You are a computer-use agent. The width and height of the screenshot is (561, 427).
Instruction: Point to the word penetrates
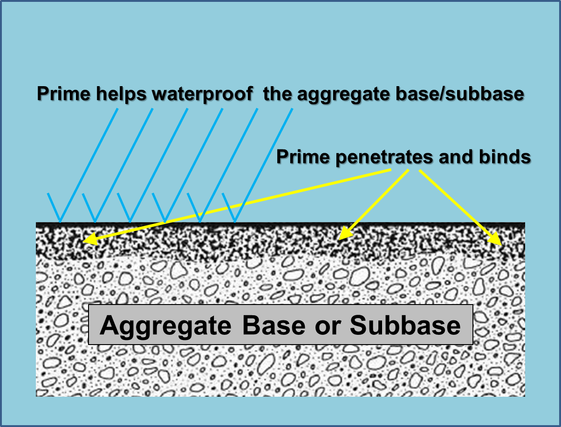click(379, 157)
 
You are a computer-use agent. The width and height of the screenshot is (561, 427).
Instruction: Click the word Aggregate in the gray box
click(165, 325)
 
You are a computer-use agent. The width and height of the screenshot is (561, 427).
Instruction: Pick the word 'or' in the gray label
click(328, 326)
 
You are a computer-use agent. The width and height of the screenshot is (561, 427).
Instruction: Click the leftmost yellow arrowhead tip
click(84, 242)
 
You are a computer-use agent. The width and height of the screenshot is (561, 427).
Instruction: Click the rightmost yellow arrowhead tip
click(500, 244)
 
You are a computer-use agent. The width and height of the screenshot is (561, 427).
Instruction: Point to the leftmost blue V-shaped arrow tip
click(60, 222)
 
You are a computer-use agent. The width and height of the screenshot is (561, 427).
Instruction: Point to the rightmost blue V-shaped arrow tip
click(234, 222)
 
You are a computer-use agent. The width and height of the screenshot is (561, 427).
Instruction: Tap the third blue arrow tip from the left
click(130, 222)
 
